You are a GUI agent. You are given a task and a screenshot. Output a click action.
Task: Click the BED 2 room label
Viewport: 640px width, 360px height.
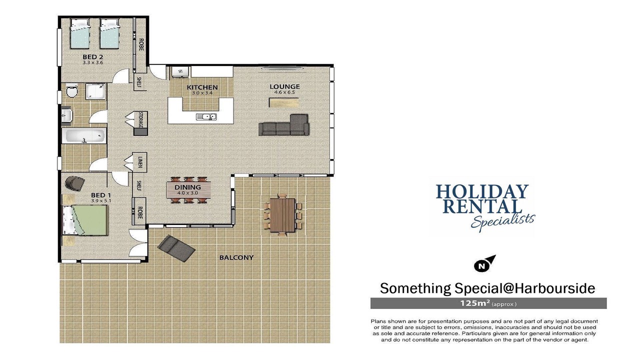[x=93, y=57]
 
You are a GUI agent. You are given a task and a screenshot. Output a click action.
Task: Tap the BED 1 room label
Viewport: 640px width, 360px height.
[x=101, y=195]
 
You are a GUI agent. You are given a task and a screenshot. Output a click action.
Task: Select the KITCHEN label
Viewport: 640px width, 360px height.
[x=202, y=87]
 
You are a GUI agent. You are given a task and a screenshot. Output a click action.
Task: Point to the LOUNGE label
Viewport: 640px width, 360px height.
[x=284, y=86]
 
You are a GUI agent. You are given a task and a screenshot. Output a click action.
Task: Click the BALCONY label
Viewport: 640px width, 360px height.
[x=236, y=257]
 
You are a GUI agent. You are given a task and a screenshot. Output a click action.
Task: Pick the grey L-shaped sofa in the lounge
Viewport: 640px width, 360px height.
[x=284, y=125]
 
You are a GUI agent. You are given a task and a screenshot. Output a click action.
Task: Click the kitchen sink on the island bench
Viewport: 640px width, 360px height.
[x=206, y=117]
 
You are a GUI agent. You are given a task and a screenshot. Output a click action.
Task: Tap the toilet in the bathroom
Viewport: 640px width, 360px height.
[x=71, y=90]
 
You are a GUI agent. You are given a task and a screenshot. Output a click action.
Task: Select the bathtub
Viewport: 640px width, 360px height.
[x=84, y=135]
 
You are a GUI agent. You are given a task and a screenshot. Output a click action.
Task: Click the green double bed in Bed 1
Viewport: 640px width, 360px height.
[x=85, y=220]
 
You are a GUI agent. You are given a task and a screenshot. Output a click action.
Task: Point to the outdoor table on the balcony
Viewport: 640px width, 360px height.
[x=282, y=215]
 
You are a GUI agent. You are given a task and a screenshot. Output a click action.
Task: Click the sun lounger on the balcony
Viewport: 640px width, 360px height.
[x=176, y=248]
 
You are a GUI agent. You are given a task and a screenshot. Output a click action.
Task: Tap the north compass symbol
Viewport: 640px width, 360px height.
[x=484, y=263]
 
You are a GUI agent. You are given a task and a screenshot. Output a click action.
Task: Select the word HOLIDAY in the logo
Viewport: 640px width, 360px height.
[x=482, y=191]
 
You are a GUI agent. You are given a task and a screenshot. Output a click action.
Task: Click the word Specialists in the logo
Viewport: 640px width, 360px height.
[x=503, y=221]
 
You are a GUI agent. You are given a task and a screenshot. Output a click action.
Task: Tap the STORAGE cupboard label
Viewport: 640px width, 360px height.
[x=140, y=119]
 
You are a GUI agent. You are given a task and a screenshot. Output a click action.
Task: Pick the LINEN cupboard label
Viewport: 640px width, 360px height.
[x=140, y=162]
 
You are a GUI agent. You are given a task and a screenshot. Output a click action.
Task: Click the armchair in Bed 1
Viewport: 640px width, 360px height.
[x=75, y=183]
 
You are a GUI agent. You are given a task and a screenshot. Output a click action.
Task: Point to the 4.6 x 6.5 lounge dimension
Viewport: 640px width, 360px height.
[x=284, y=92]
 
